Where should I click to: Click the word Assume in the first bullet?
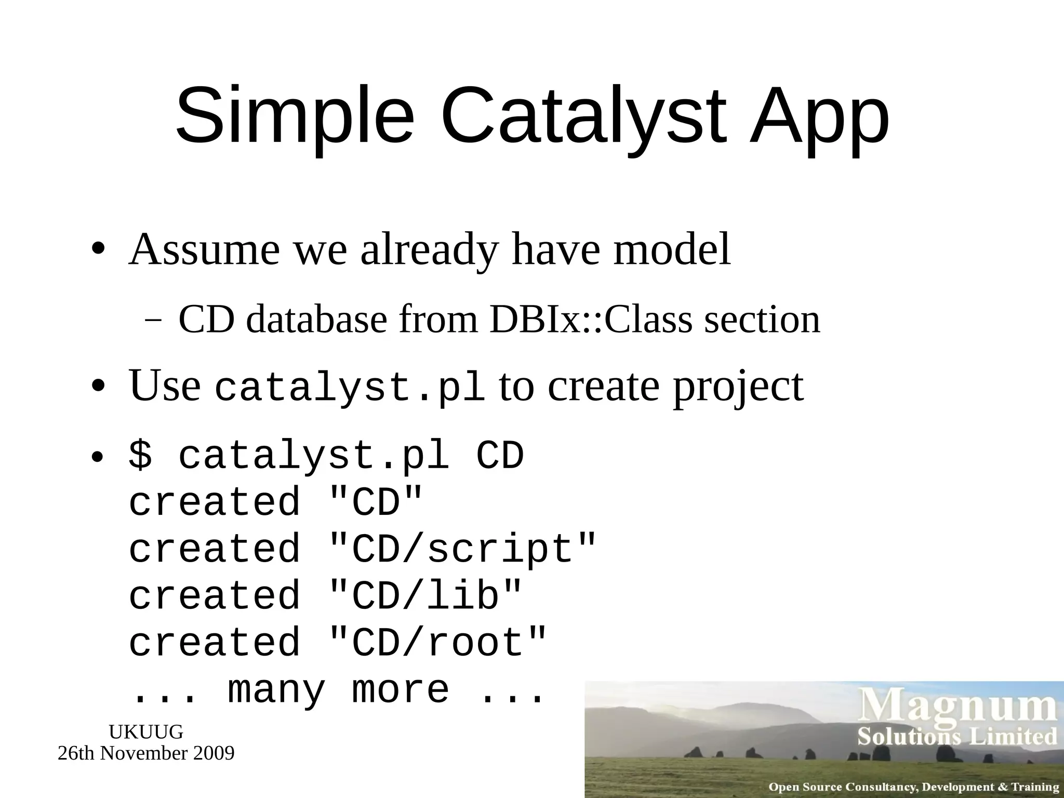pos(204,249)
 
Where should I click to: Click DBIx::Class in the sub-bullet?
pos(591,319)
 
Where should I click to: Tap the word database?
pos(317,319)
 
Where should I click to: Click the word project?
pos(738,387)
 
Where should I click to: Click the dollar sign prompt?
pos(140,455)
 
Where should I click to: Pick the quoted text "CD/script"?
pos(463,549)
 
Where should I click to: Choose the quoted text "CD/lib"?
pos(425,595)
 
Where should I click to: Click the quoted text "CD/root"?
pos(438,642)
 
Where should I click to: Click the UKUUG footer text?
pos(146,731)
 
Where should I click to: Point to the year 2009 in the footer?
pos(214,753)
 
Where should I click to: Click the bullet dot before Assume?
pos(98,249)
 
